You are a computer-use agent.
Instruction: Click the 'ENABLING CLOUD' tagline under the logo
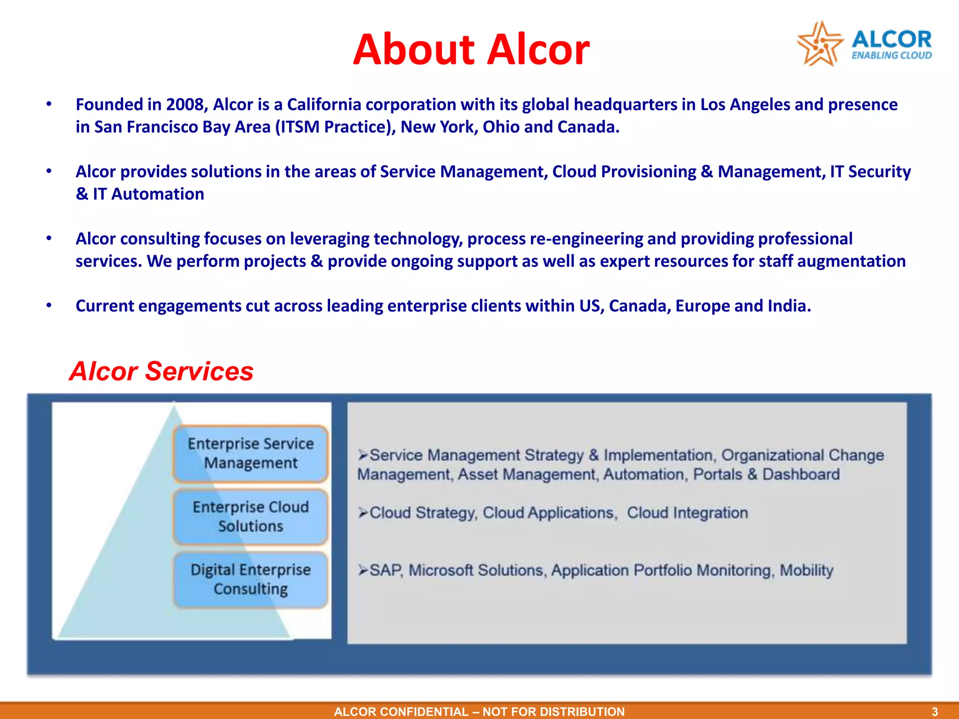coord(892,56)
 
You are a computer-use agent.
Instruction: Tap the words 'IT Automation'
coord(148,194)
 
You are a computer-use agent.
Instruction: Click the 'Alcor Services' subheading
coord(161,371)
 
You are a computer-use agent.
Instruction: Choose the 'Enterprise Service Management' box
coord(251,453)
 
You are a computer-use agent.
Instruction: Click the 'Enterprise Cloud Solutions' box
coord(251,516)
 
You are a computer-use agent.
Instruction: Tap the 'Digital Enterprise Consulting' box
coord(251,580)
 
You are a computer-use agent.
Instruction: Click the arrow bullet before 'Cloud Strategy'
coord(363,513)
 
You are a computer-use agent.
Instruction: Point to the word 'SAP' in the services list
coord(386,570)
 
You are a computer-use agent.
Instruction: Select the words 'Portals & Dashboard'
coord(766,474)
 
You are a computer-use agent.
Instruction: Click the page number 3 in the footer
coord(935,712)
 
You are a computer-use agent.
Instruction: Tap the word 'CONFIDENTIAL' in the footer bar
coord(424,712)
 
